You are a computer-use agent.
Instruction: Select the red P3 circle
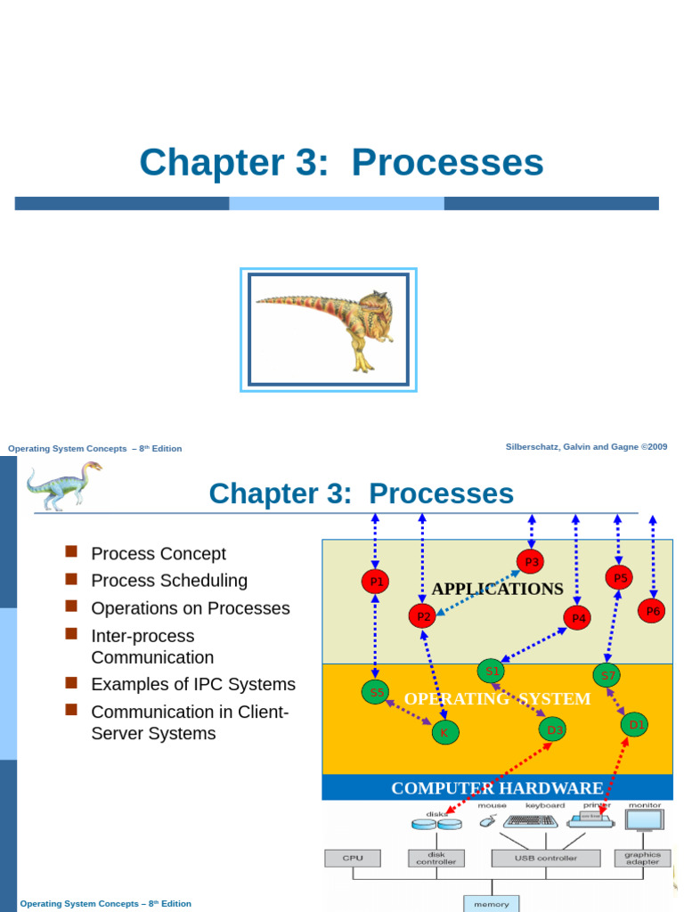(x=531, y=561)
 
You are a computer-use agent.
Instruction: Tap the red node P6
(x=652, y=611)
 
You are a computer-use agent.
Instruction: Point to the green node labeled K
(x=444, y=733)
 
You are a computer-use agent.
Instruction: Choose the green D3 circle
(x=552, y=729)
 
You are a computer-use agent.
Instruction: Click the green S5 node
(x=376, y=692)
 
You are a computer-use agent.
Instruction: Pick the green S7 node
(x=607, y=675)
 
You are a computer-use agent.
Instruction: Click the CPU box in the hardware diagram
(x=353, y=859)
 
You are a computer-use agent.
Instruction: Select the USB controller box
(x=545, y=859)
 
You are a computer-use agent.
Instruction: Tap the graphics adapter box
(x=642, y=859)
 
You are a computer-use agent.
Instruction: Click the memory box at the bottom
(x=492, y=903)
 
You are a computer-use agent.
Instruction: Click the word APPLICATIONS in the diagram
(x=497, y=589)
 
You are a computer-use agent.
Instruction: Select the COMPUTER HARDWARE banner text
(x=497, y=788)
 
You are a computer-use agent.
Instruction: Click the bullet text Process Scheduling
(x=169, y=581)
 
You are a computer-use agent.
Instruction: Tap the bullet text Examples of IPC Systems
(x=193, y=684)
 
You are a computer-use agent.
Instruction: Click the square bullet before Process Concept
(x=71, y=552)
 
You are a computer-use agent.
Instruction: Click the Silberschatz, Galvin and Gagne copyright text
(x=586, y=447)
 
